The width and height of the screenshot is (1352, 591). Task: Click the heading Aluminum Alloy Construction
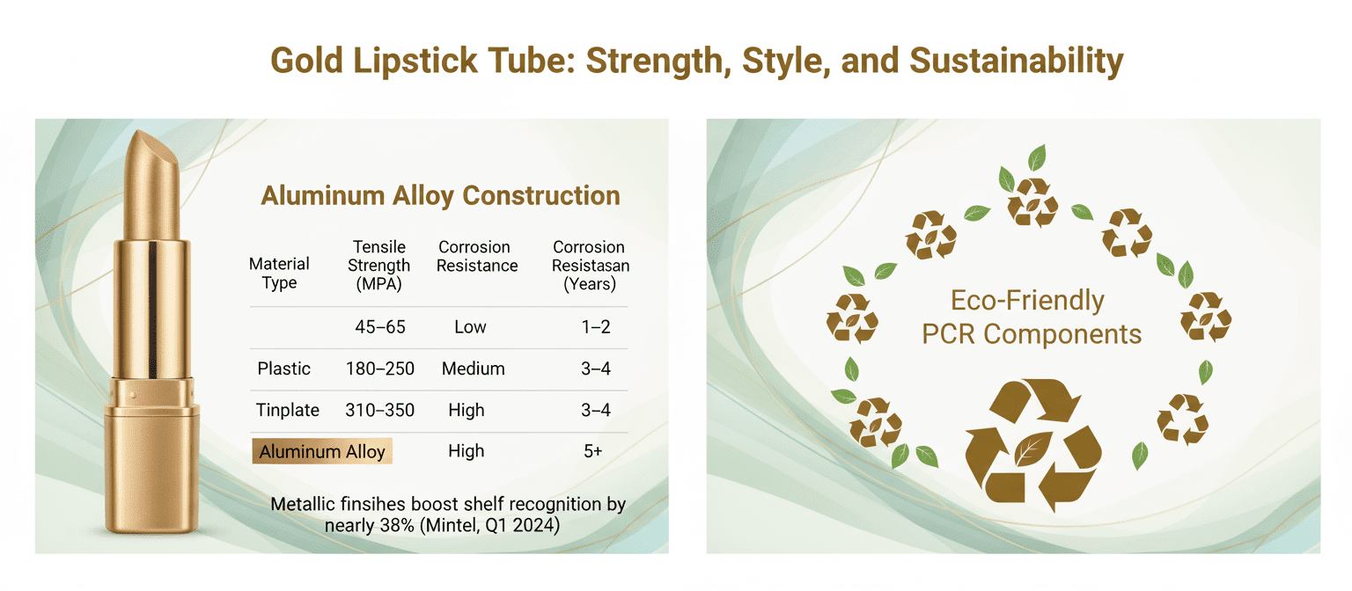coord(440,196)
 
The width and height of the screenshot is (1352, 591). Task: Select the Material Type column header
coord(279,274)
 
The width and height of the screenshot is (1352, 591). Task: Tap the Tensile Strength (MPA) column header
coord(379,266)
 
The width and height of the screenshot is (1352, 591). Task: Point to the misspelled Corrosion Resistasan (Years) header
coord(591,266)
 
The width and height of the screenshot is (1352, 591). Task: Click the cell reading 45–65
coord(380,327)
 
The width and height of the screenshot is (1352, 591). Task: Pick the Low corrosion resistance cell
coord(470,327)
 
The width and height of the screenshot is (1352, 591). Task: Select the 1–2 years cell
coord(596,327)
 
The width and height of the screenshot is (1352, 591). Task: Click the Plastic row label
coord(283,368)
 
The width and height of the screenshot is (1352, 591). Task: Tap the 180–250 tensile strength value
coord(380,368)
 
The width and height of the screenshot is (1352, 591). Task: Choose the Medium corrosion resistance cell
coord(474,368)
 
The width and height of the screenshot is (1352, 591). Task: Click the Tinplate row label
coord(287,410)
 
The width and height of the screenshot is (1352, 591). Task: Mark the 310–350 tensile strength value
coord(380,410)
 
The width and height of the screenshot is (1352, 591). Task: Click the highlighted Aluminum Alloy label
coord(322,451)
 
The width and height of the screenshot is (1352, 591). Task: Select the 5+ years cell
coord(592,451)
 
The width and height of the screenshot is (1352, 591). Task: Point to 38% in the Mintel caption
coord(397,526)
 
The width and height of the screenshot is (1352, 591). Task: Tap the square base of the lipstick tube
coord(152,471)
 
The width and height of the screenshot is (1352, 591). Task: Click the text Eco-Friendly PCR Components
coord(1031,317)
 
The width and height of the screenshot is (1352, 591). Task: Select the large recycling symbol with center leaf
coord(1033,445)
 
